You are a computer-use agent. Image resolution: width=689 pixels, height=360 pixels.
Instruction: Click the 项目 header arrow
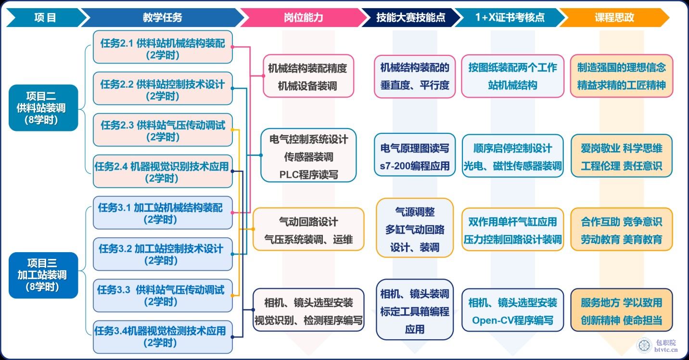click(46, 17)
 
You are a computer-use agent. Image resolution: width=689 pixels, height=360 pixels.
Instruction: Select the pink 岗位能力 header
click(303, 17)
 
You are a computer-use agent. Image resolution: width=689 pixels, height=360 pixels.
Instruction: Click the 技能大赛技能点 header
click(410, 17)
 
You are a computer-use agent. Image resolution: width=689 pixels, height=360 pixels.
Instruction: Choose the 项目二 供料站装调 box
click(43, 108)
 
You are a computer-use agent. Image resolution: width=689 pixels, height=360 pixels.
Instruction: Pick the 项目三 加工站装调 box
click(43, 275)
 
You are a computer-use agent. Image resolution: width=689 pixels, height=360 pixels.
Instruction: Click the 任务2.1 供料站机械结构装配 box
click(163, 47)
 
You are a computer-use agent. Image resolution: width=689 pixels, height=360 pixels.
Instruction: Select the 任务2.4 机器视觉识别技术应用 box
click(163, 171)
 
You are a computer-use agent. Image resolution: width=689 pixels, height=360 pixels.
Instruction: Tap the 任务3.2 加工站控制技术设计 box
click(163, 254)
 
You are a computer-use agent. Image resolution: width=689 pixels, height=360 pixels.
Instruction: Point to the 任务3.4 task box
click(163, 337)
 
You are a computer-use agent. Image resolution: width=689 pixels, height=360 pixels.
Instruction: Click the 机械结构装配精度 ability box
click(308, 76)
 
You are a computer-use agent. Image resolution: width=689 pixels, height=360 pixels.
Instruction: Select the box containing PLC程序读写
click(308, 155)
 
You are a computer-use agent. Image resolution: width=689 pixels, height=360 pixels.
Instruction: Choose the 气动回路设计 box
click(308, 230)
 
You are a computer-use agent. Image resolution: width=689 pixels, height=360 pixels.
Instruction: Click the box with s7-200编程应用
click(415, 155)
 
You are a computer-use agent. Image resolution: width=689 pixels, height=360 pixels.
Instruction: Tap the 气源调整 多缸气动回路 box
click(415, 228)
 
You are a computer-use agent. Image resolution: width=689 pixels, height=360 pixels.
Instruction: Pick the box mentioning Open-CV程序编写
click(512, 310)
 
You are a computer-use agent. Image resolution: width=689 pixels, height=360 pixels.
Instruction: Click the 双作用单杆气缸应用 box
click(512, 230)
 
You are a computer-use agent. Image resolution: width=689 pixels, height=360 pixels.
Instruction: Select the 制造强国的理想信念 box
click(621, 76)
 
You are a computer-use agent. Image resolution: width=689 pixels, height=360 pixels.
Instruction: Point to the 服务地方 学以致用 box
click(621, 310)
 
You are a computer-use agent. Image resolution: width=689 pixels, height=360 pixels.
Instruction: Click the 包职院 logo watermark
click(657, 346)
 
